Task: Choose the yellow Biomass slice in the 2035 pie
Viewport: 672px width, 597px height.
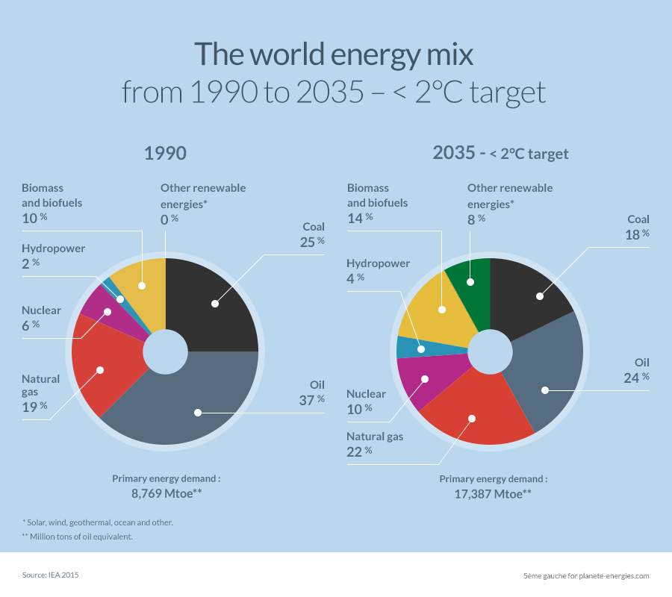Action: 441,306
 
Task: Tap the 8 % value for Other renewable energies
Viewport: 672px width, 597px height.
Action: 476,219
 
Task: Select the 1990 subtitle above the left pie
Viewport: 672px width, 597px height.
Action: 165,154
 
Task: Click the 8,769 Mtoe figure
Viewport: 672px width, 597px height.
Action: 167,493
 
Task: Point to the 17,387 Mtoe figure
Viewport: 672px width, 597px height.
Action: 493,493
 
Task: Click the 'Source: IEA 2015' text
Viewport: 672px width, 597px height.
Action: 50,575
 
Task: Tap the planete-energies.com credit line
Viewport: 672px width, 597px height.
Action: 586,575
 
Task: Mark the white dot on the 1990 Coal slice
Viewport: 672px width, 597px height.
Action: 214,304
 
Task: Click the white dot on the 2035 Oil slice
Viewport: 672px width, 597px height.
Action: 544,390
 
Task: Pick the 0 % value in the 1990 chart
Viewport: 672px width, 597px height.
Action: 169,219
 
